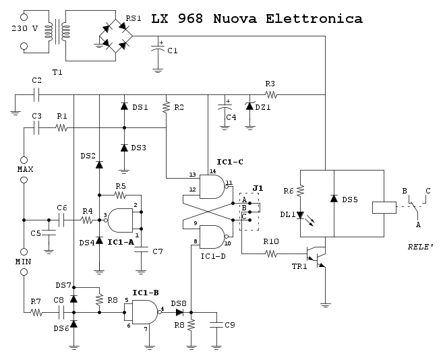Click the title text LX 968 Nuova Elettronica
(256, 20)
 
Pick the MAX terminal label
(25, 169)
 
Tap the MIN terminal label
(24, 261)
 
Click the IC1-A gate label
(121, 241)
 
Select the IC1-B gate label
(145, 293)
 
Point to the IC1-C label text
(229, 162)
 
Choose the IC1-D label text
(214, 257)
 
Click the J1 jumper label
(258, 188)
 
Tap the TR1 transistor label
(300, 266)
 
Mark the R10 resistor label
(271, 241)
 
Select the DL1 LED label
(288, 215)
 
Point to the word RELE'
(420, 247)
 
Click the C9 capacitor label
(230, 325)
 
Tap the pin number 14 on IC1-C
(212, 172)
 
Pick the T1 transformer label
(57, 71)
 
